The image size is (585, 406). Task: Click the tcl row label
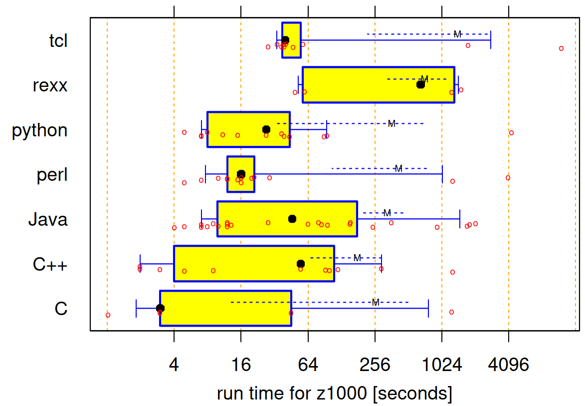click(58, 41)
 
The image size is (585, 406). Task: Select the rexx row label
click(50, 85)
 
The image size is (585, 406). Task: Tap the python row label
click(40, 130)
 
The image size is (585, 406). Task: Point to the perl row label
click(52, 175)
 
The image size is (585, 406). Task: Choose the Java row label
click(47, 220)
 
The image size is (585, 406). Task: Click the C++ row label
click(50, 265)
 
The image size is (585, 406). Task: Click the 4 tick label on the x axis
click(174, 365)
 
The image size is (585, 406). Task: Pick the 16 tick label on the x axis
click(241, 365)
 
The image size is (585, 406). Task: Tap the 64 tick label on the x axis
click(308, 365)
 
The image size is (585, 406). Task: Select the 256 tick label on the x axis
click(375, 365)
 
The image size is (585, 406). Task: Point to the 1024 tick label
click(442, 365)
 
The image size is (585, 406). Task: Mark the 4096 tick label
click(509, 365)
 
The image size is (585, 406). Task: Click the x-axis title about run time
click(335, 394)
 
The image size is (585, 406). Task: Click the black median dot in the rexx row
click(420, 84)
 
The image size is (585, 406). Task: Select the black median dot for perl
click(241, 174)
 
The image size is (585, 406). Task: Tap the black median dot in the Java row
click(292, 219)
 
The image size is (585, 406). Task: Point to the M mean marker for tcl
click(457, 34)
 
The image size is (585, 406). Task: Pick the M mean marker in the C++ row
click(357, 258)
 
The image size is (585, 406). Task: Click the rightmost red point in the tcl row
click(561, 48)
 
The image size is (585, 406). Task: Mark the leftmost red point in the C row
click(108, 315)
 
